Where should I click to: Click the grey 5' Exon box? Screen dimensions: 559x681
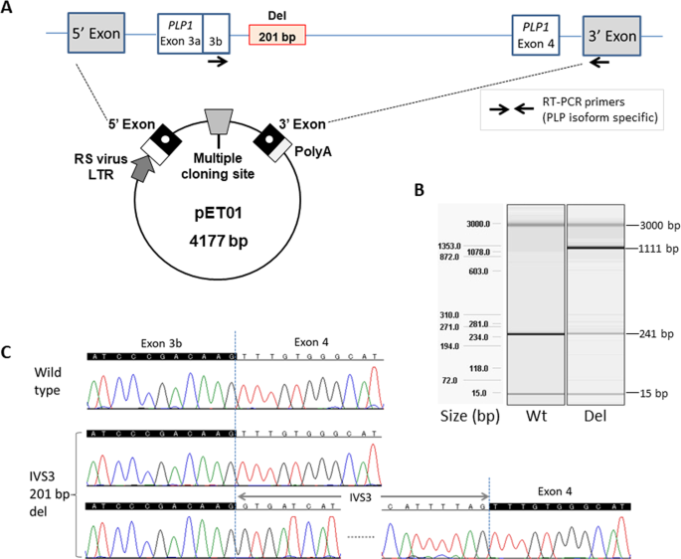(96, 37)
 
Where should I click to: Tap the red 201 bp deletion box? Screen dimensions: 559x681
(277, 37)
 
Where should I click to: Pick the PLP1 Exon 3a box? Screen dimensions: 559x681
(179, 37)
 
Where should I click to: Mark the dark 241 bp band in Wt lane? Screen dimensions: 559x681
(536, 334)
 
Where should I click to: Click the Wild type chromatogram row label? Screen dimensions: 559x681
(47, 382)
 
